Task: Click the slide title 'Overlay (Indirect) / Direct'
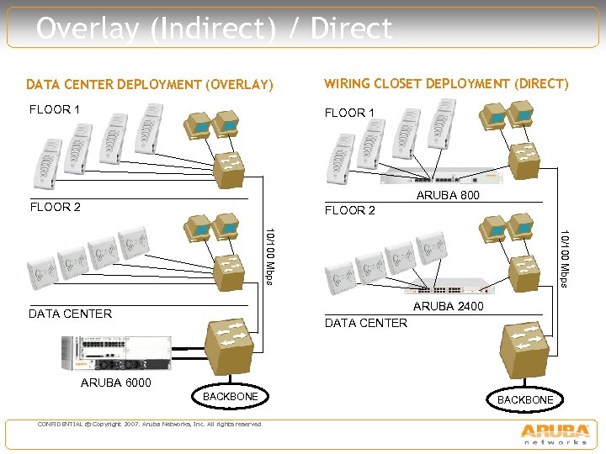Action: (215, 29)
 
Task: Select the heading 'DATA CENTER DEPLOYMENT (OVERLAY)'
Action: (150, 85)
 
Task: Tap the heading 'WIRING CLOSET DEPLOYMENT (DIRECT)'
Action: (446, 84)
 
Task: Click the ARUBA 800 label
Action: (448, 196)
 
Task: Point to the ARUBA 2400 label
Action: (448, 306)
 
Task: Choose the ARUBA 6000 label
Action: (116, 383)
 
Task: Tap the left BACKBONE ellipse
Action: (230, 396)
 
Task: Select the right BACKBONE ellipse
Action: (524, 400)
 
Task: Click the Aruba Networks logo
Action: (555, 433)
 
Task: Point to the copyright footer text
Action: (149, 424)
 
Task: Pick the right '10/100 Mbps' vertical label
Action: (566, 257)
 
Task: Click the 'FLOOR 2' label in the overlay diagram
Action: (56, 207)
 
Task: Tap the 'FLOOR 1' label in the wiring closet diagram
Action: (350, 113)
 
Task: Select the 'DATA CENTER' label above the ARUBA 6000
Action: (70, 314)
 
